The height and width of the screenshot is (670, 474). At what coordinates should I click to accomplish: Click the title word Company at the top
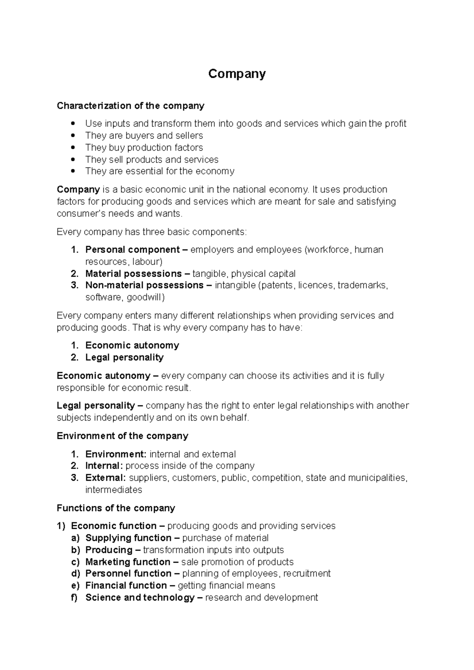coord(237,74)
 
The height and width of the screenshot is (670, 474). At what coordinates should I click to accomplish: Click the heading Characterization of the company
coord(130,106)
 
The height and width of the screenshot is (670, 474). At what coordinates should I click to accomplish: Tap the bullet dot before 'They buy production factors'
coord(72,148)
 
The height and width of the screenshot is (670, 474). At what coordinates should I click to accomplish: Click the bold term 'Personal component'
coord(132,250)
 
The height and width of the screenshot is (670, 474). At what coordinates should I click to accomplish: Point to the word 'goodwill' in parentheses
coord(144,298)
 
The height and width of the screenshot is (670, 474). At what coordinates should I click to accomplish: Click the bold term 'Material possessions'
coord(134,274)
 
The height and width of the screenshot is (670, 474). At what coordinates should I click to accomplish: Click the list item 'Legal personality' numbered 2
coord(124,357)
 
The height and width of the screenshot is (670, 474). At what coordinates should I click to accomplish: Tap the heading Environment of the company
coord(122,436)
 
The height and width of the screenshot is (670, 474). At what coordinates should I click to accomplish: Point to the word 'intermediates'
coord(113,490)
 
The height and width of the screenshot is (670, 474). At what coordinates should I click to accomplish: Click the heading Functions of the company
coord(116,508)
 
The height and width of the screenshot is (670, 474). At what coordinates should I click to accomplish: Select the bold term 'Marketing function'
coord(128,562)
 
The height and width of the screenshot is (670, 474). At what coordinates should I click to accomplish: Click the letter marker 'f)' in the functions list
coord(75,598)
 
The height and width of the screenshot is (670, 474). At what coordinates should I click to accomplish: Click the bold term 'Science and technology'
coord(140,598)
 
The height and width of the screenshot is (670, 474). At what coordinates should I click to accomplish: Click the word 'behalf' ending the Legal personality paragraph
coord(235,418)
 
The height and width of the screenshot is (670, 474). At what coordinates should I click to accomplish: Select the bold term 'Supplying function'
coord(128,538)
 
